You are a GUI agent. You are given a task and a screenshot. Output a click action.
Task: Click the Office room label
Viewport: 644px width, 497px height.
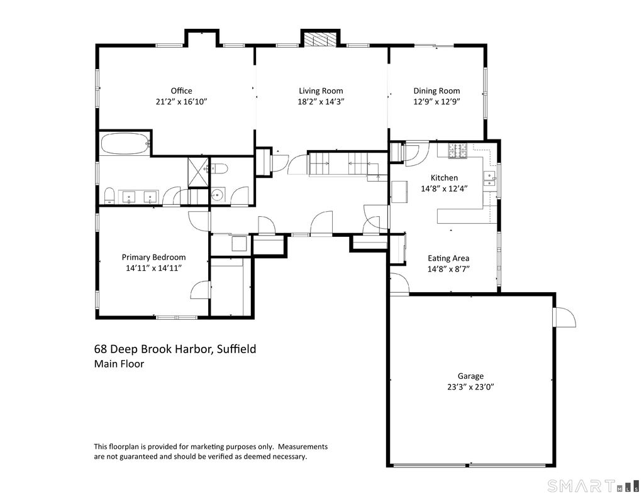click(x=181, y=90)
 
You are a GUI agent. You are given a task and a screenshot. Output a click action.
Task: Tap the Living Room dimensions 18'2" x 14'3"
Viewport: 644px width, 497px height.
click(x=320, y=102)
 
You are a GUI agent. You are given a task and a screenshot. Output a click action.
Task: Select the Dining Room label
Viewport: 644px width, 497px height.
click(x=436, y=91)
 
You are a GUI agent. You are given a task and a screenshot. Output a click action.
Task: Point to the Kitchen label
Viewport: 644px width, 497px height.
click(x=444, y=178)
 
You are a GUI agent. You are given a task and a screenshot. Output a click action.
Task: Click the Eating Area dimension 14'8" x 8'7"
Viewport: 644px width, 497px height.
click(x=448, y=269)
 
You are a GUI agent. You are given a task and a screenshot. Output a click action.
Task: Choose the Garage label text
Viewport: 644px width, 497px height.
click(x=470, y=376)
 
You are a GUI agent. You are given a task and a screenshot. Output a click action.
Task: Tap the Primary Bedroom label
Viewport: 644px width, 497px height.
click(x=153, y=258)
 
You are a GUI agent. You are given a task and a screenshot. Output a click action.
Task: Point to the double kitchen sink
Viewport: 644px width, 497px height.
click(x=489, y=178)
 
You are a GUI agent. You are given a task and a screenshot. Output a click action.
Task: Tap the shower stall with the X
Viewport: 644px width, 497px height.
click(x=198, y=172)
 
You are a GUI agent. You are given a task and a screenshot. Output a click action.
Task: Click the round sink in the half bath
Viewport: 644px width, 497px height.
click(x=218, y=195)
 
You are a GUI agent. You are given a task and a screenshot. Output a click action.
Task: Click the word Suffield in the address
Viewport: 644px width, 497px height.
click(x=236, y=349)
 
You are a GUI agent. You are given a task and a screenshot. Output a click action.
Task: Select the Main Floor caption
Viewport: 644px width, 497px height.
click(x=119, y=364)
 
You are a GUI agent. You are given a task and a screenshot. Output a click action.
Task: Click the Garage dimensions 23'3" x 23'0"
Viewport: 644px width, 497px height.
click(x=470, y=387)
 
